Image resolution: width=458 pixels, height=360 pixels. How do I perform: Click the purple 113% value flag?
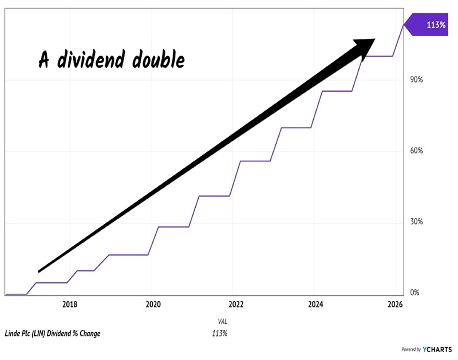click(429, 25)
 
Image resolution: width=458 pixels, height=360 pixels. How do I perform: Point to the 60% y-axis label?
click(416, 151)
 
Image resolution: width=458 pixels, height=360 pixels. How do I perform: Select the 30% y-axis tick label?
click(416, 222)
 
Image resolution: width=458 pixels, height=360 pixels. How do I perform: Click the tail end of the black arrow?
click(40, 270)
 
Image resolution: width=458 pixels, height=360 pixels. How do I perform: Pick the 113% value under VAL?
click(220, 333)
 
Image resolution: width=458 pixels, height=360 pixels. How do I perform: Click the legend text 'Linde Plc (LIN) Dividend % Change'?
click(52, 333)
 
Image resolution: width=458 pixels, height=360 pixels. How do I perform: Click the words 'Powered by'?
click(410, 349)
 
